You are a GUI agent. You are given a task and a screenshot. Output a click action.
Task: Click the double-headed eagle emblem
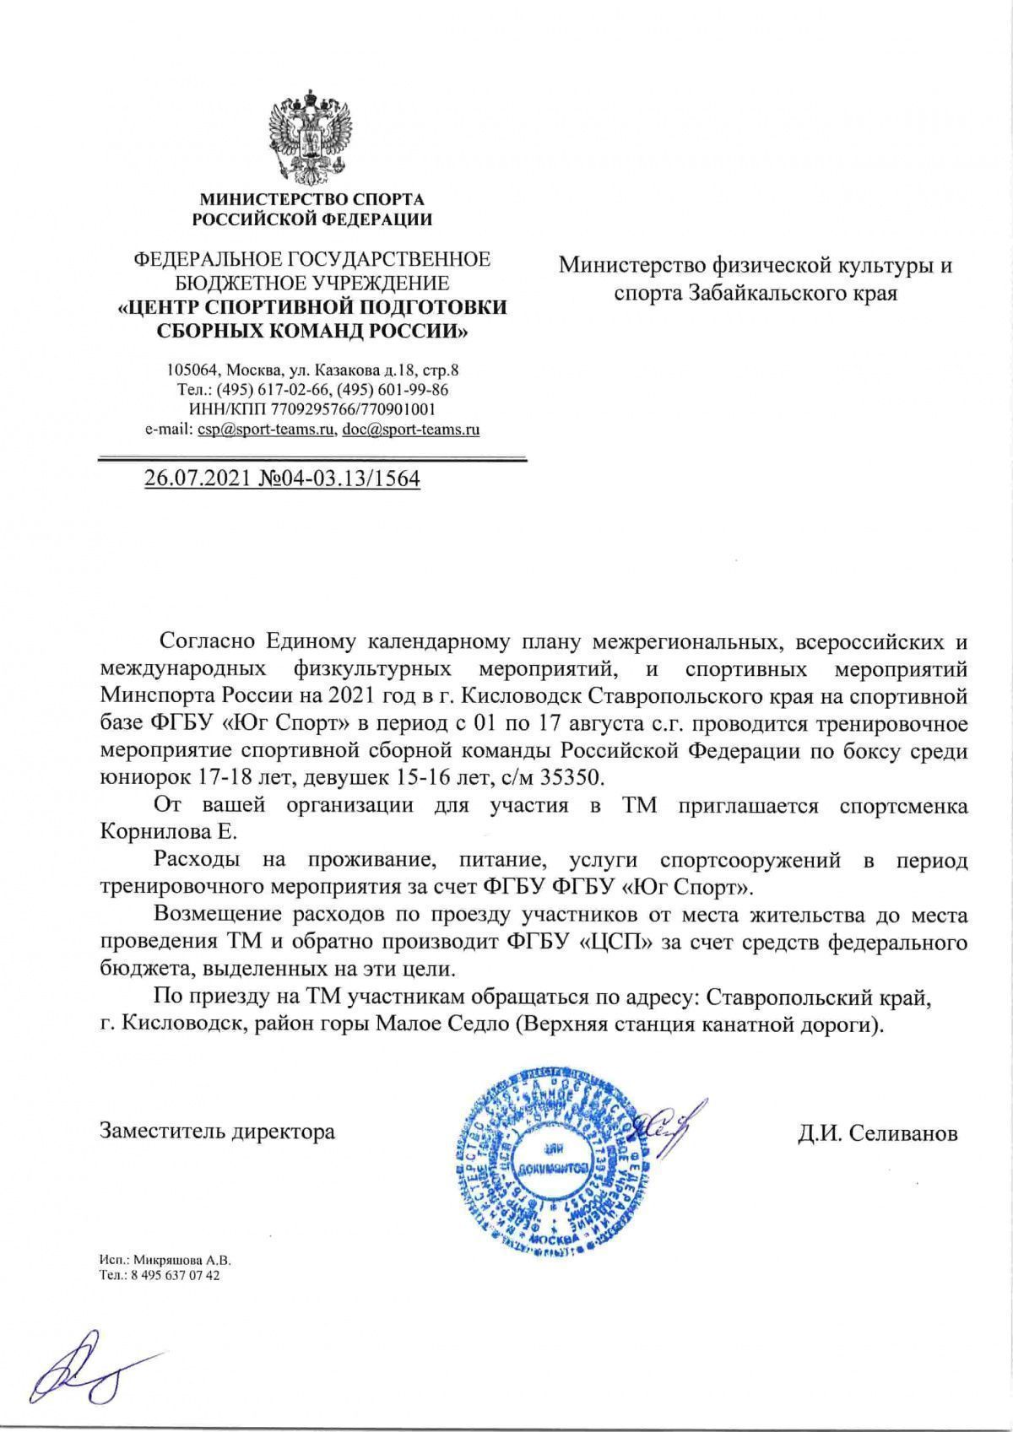coord(310,139)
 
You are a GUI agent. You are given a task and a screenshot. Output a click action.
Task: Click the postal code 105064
coord(193,370)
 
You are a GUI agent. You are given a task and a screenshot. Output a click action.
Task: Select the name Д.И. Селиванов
coord(878,1133)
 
